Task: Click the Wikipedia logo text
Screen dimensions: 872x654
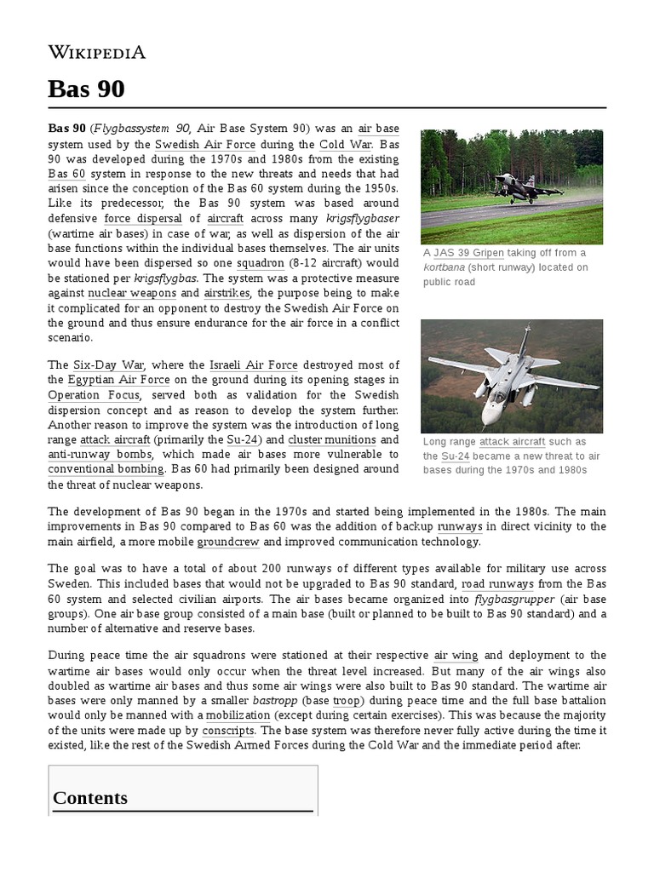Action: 96,52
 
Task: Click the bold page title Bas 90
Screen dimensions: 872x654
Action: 86,89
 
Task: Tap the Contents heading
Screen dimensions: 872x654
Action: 90,798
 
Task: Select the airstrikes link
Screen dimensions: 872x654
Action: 227,293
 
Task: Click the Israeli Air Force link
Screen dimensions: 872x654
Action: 252,364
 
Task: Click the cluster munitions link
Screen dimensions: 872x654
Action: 331,439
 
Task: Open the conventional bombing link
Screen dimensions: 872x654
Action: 106,469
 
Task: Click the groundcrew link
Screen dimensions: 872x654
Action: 228,541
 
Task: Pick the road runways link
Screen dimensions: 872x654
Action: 498,584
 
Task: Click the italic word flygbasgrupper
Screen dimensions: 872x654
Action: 508,599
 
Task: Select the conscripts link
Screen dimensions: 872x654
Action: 228,731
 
